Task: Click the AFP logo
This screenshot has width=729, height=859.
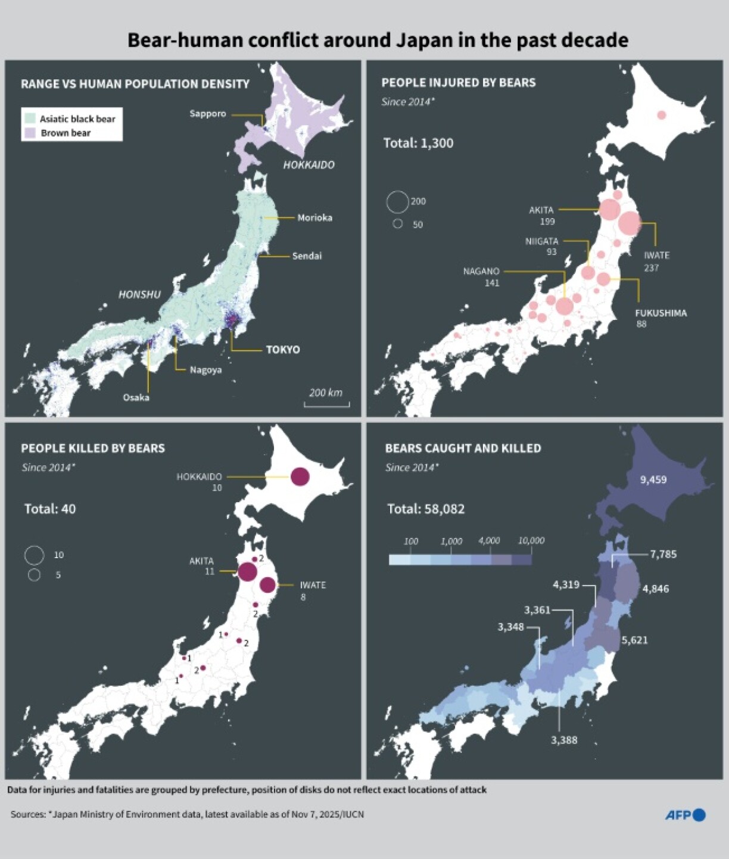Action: coord(685,815)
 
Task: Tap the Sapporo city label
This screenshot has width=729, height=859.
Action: coord(208,114)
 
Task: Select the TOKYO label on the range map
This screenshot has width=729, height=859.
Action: coord(283,350)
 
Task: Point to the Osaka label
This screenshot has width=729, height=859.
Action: coord(136,397)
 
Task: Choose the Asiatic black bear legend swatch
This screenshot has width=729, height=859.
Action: coord(30,119)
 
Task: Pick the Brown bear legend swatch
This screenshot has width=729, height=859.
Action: coord(30,133)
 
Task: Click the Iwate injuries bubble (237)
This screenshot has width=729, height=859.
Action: coord(629,223)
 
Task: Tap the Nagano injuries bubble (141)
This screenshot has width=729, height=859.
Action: coord(564,306)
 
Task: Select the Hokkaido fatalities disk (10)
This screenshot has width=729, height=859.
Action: coord(300,477)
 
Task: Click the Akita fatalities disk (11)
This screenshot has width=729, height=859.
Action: coord(247,572)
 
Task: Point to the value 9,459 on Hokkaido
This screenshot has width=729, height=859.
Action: coord(653,480)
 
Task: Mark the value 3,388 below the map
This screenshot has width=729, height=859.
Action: coord(564,740)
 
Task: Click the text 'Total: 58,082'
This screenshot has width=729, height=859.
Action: coord(426,509)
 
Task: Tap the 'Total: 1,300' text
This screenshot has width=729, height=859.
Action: coord(418,143)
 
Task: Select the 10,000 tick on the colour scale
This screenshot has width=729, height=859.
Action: coord(531,541)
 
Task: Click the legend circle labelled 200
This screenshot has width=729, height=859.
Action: coord(397,202)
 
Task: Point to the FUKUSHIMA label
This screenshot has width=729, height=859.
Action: coord(661,313)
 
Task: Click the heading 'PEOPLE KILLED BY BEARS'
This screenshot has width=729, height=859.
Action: coord(93,448)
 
